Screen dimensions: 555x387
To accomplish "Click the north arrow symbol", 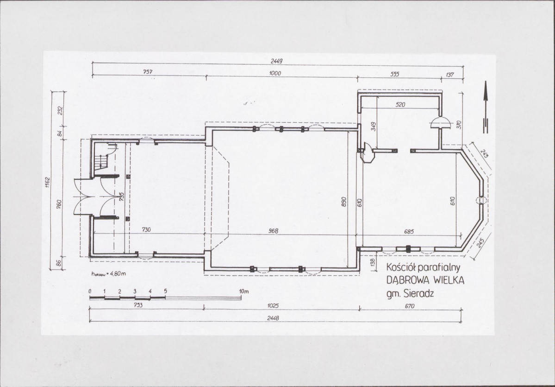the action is coord(485,107).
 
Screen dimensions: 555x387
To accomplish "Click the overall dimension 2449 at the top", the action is coord(276,61).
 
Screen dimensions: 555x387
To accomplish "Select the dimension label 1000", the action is coord(274,73).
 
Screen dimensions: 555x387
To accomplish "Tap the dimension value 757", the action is coord(148,72).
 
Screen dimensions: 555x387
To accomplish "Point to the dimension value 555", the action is coord(395,74).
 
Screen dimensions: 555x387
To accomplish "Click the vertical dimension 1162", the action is coord(48,182).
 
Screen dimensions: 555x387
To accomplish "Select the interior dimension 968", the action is coord(273,231).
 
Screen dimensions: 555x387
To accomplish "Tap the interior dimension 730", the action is coord(146,229).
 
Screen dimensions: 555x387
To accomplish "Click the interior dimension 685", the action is coord(409,232).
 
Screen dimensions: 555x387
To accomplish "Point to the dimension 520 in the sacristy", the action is coord(400,105).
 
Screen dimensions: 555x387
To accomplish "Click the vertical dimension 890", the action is coord(343,202).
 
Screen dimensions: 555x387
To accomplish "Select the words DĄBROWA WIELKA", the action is coord(425,280).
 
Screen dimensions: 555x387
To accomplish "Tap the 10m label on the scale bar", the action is coord(244,292).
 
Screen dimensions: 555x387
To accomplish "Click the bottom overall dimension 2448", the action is coord(273,318).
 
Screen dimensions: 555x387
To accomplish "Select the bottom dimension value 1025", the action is coord(273,305).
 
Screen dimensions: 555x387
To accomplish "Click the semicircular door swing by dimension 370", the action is coord(441,123).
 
